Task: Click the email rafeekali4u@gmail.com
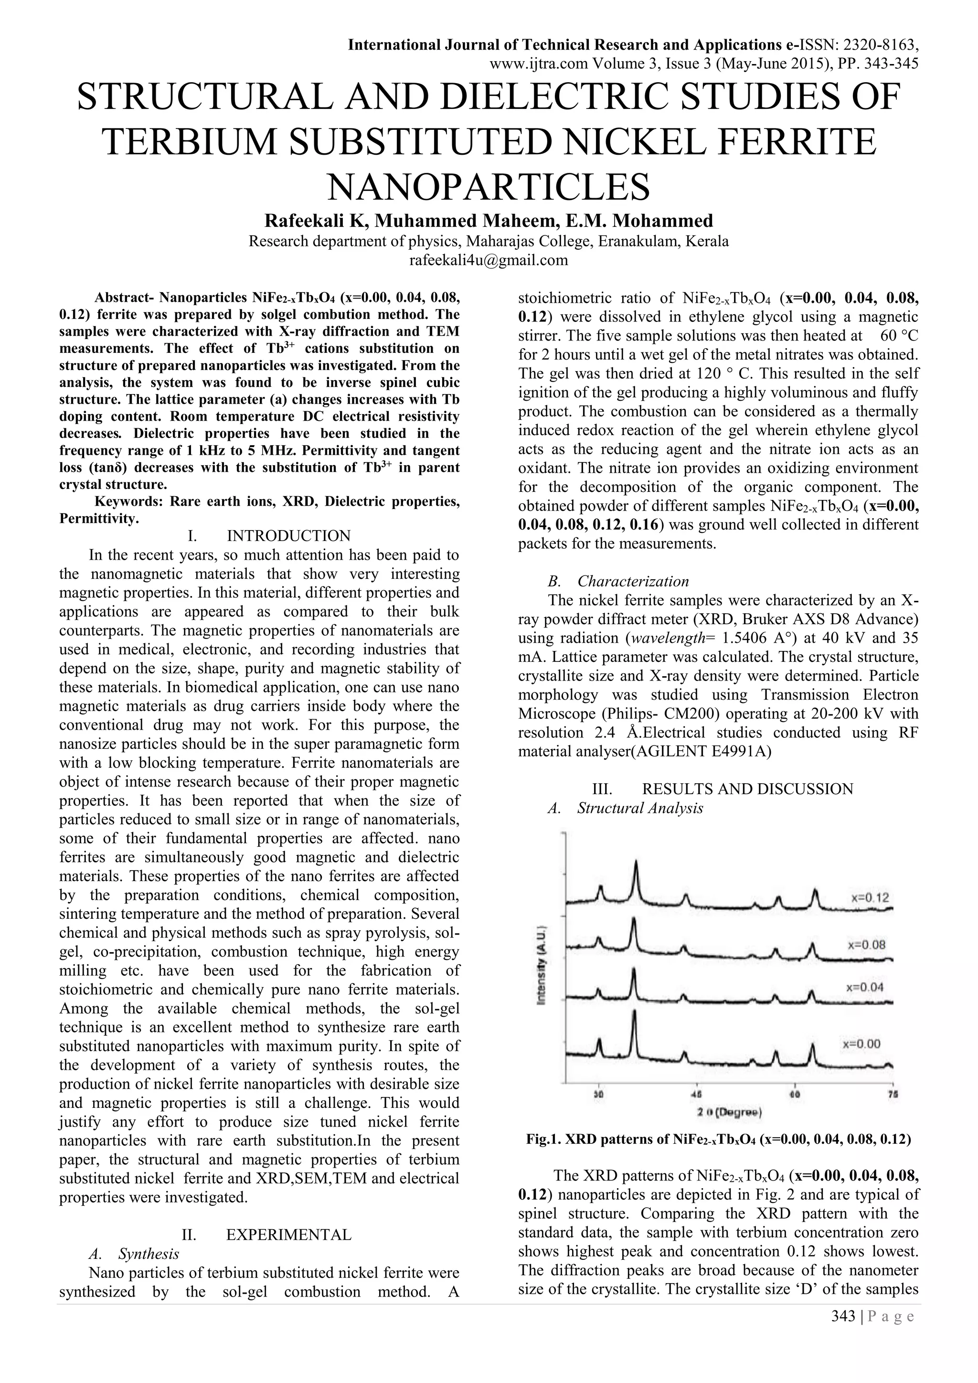coord(489,260)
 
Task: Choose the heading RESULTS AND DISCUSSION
coord(747,788)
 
